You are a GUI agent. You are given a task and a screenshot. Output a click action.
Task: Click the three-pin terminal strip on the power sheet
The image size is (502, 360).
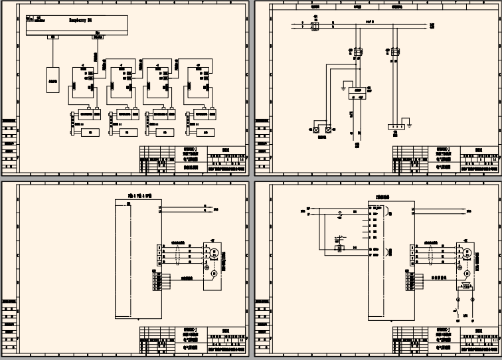click(397, 126)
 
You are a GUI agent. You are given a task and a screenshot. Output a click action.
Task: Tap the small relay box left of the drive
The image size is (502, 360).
click(339, 248)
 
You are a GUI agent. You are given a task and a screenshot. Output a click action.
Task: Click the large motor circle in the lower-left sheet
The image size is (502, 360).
click(214, 253)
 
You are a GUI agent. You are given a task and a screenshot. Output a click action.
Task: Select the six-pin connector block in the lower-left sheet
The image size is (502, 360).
click(157, 283)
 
